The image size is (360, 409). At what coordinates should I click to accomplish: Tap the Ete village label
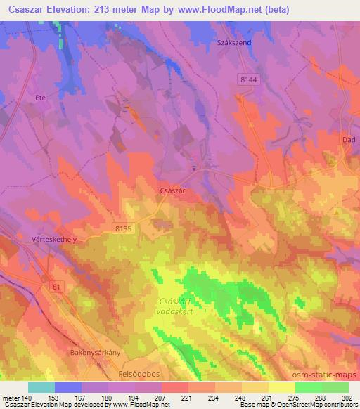[40, 98]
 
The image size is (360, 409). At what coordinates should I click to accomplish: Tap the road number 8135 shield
[124, 228]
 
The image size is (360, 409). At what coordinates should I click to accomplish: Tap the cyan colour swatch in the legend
[41, 387]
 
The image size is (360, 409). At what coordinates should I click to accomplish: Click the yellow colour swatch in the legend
[282, 387]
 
